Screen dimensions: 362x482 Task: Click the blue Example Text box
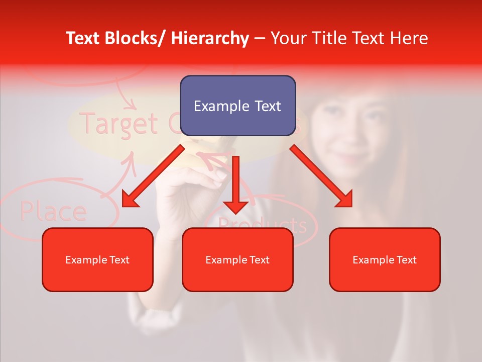[237, 106]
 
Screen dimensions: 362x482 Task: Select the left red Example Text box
[97, 259]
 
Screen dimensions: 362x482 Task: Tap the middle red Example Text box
[237, 259]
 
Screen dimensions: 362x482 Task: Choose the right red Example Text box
[385, 259]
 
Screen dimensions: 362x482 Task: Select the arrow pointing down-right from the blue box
[322, 176]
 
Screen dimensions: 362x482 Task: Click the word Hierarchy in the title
[209, 38]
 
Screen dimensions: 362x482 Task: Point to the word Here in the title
[408, 38]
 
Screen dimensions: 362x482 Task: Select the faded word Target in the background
[118, 123]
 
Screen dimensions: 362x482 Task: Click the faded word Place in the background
[53, 211]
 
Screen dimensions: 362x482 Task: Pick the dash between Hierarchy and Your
[260, 38]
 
